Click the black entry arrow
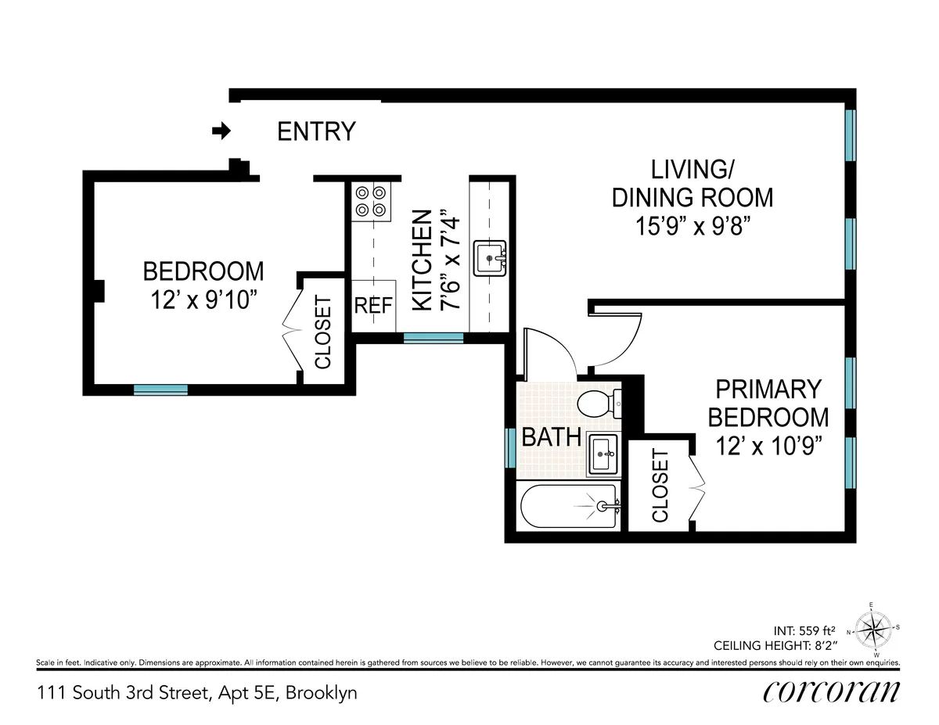pos(222,131)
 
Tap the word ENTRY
pos(316,131)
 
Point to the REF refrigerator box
pos(372,306)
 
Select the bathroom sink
pos(603,453)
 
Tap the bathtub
pos(570,507)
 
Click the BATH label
pos(551,437)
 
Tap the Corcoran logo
pos(831,692)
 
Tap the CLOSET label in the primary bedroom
pos(660,486)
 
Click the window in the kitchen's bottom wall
pos(433,338)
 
